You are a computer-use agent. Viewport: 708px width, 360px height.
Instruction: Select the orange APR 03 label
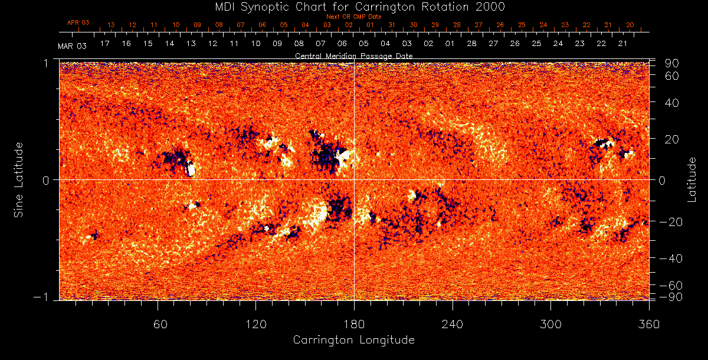[x=78, y=22]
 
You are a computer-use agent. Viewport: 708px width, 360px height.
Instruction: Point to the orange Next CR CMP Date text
[x=354, y=17]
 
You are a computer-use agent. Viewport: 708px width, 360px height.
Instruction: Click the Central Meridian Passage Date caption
[x=354, y=55]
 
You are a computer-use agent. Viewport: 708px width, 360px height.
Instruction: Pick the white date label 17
[x=105, y=44]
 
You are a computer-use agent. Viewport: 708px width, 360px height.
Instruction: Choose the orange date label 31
[x=392, y=25]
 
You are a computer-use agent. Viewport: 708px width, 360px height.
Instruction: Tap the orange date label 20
[x=630, y=25]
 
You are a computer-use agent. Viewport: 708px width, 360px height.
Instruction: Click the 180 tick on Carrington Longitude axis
[x=354, y=324]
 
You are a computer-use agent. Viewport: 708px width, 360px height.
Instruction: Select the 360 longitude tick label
[x=649, y=324]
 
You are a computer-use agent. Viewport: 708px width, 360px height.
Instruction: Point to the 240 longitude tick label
[x=453, y=324]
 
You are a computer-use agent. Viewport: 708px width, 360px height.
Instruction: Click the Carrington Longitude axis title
[x=354, y=340]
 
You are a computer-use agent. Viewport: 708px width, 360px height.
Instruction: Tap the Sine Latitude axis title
[x=19, y=180]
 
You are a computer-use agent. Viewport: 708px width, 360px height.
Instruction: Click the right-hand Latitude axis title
[x=692, y=179]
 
